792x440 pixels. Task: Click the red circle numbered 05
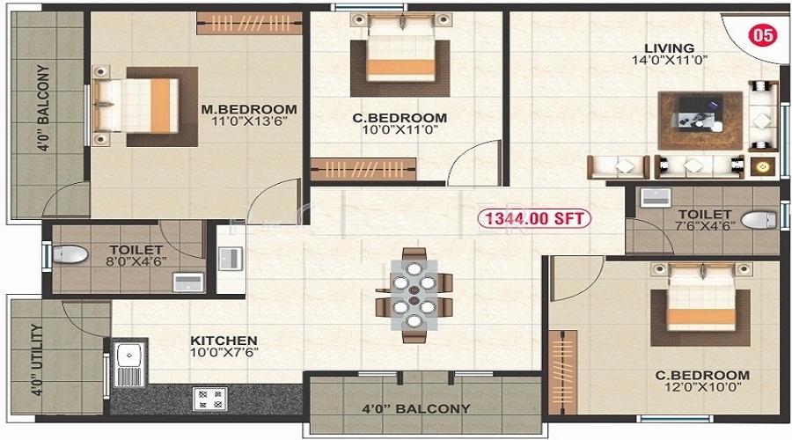763,35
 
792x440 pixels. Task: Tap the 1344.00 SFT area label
534,219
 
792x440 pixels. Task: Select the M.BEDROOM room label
249,109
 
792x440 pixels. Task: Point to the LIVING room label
670,48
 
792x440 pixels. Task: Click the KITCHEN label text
224,341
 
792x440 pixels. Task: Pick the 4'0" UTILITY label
36,360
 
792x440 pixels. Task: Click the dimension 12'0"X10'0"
702,387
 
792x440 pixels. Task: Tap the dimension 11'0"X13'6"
250,121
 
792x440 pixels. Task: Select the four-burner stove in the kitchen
210,399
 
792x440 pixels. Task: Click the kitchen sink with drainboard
130,363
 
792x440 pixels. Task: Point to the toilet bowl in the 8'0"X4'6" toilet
70,254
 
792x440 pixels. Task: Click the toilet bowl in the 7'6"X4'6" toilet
759,220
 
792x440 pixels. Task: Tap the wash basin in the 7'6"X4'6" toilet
656,197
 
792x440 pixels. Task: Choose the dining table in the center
414,295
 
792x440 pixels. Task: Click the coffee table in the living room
700,121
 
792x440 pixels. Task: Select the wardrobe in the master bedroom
249,23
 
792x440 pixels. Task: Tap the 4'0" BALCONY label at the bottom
416,408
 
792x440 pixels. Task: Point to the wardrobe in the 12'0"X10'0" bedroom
562,373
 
